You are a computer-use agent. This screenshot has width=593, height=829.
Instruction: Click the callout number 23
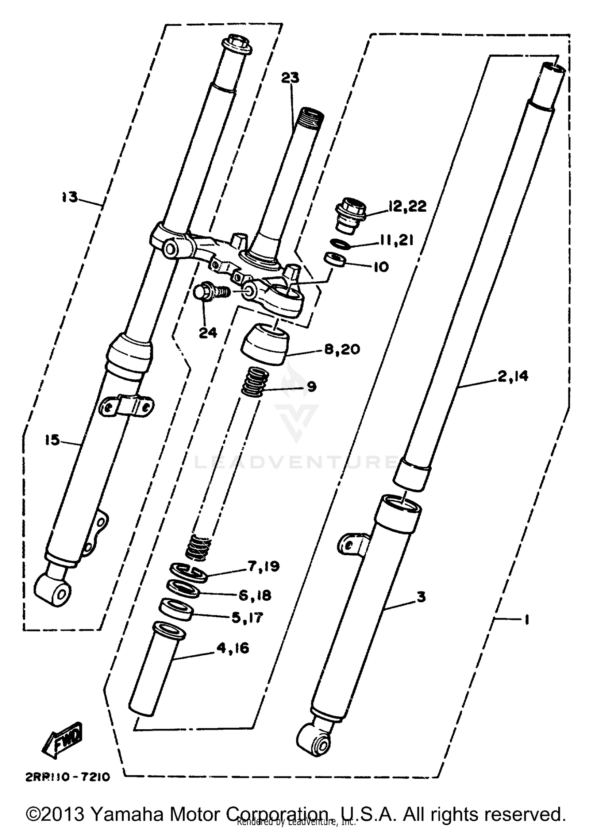click(290, 78)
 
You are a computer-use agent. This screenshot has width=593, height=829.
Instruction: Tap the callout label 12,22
click(407, 207)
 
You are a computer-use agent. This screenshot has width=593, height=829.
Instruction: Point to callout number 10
click(381, 267)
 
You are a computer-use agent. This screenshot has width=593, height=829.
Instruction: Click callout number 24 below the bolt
click(208, 333)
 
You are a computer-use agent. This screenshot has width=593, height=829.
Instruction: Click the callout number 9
click(312, 386)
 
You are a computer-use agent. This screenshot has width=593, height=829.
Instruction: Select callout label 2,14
click(513, 376)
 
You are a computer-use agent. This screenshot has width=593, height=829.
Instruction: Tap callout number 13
click(70, 197)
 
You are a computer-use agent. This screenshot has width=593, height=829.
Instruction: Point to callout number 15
click(52, 440)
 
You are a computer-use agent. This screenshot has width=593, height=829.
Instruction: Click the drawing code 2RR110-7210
click(67, 777)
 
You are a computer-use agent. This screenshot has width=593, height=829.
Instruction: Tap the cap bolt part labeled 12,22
click(351, 215)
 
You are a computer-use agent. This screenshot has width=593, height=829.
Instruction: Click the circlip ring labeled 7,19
click(189, 573)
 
